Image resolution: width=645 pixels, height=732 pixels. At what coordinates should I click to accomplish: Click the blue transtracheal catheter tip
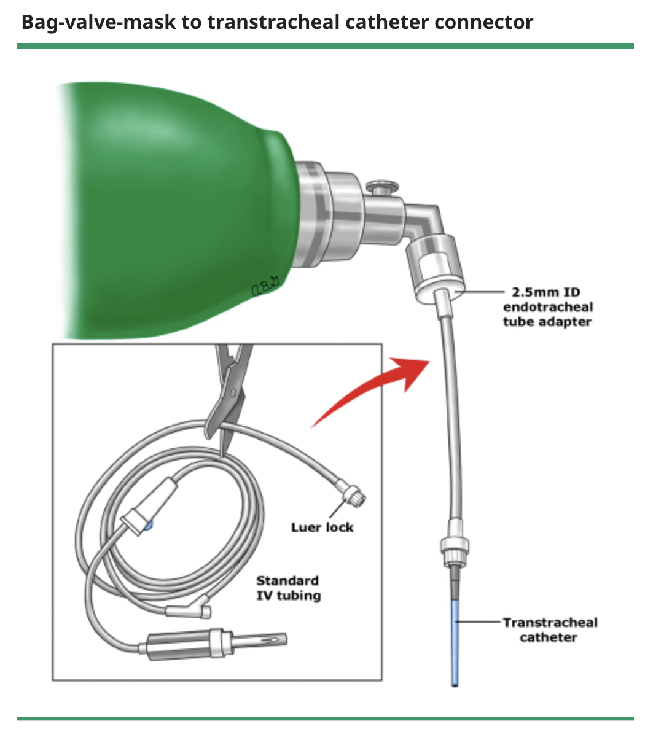tap(455, 645)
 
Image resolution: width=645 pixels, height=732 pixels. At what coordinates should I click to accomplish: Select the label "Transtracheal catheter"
tap(549, 630)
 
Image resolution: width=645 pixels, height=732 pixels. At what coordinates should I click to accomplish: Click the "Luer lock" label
tap(322, 527)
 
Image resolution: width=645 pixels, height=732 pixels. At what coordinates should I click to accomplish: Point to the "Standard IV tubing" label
tap(288, 588)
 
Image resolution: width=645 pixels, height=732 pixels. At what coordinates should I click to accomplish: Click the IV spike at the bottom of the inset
tap(246, 642)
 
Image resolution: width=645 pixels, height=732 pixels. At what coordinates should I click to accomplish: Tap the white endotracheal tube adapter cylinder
tap(436, 270)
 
